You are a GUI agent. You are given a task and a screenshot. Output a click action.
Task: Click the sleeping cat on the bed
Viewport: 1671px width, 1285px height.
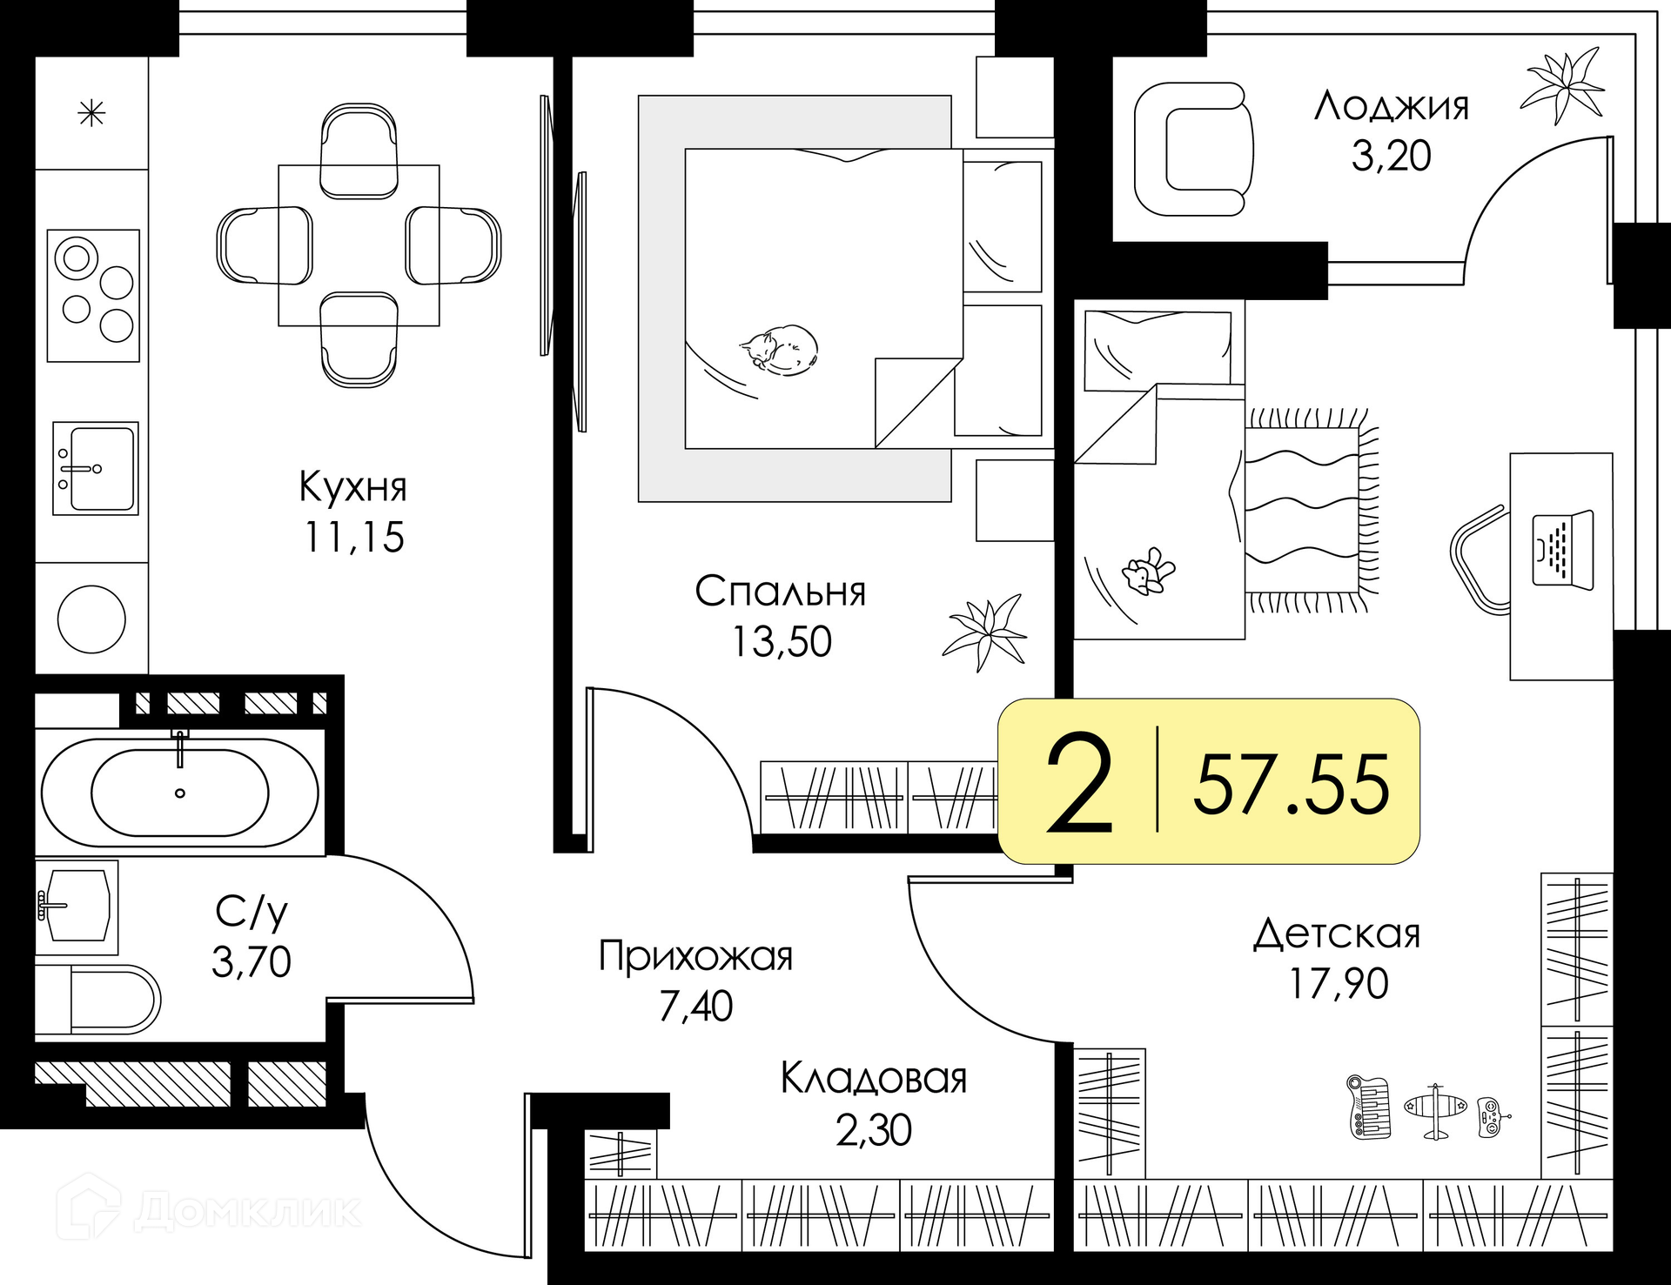(779, 350)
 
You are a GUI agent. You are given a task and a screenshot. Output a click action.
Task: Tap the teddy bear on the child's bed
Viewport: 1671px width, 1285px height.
(1148, 572)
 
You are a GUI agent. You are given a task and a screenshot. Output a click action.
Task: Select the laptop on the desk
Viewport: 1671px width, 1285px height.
(1562, 550)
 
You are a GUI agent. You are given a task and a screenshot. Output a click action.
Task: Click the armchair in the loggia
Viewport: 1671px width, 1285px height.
(1193, 149)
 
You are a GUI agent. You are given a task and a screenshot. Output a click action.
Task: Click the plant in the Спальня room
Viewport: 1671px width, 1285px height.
(985, 632)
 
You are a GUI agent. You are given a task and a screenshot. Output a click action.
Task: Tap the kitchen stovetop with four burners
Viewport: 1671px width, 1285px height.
(93, 295)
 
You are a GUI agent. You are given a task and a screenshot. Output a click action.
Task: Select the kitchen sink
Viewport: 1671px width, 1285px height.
(96, 468)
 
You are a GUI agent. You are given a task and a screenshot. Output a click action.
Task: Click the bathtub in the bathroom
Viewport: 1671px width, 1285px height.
(180, 793)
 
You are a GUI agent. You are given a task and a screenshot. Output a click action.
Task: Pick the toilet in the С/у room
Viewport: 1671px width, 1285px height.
(98, 999)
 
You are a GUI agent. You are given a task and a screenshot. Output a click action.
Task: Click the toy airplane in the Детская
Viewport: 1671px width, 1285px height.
(1435, 1111)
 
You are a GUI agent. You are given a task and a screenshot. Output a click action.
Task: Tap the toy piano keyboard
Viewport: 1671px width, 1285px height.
(1369, 1107)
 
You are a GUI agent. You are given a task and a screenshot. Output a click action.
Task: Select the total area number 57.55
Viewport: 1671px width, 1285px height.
(1292, 785)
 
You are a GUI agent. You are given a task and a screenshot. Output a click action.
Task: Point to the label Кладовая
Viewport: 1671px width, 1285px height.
(874, 1079)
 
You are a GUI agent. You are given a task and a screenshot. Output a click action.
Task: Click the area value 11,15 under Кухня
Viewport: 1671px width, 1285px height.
(354, 537)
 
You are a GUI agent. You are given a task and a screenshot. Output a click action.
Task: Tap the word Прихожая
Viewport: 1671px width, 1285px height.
(696, 957)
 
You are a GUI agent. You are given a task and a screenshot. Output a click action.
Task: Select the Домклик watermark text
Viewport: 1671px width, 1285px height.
(247, 1211)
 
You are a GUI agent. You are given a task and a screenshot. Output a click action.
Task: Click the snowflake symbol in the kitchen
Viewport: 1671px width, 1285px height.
(91, 113)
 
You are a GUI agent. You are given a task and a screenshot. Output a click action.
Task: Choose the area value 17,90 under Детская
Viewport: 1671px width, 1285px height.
(1339, 983)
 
